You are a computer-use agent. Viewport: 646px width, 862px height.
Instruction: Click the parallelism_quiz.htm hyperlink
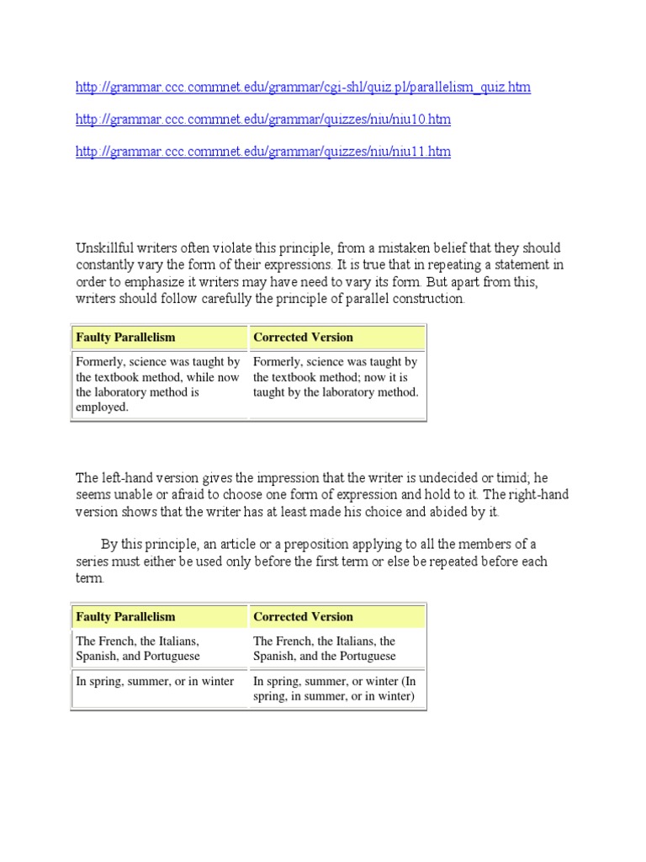[x=303, y=88]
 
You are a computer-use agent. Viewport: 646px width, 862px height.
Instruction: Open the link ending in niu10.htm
[x=263, y=120]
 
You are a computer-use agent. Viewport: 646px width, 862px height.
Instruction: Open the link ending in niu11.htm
[x=263, y=152]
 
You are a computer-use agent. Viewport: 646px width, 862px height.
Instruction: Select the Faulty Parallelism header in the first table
[x=125, y=338]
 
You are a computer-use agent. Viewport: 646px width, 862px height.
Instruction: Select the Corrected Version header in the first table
[x=303, y=338]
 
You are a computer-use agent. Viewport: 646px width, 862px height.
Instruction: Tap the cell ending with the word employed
[x=158, y=385]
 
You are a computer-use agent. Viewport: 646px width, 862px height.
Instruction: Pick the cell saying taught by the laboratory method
[x=336, y=377]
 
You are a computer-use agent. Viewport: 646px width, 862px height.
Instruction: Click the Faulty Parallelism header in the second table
[x=125, y=617]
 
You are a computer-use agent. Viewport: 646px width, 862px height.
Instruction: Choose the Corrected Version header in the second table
[x=303, y=617]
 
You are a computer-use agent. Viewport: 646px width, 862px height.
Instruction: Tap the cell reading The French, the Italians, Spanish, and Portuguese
[x=158, y=649]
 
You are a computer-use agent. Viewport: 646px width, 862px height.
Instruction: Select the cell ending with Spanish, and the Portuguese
[x=336, y=649]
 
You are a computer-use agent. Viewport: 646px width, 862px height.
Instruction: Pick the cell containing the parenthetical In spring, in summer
[x=336, y=689]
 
